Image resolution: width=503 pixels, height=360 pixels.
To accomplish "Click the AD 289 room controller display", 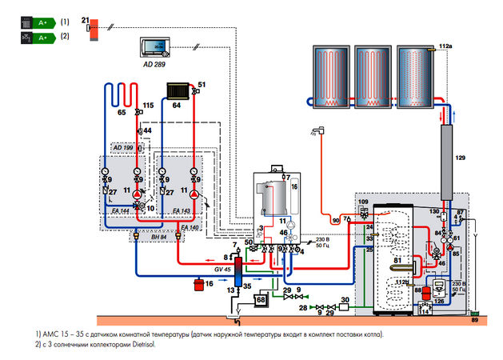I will click(153, 46).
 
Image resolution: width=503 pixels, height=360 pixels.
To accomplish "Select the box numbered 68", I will click(260, 300).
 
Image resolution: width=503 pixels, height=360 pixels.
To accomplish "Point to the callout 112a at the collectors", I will click(445, 47).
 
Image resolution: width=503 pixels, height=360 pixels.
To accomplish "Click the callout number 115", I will click(148, 106).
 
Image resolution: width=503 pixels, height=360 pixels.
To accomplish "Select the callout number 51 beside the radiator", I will click(202, 84).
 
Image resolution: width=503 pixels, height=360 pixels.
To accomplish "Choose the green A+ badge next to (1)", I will click(37, 22).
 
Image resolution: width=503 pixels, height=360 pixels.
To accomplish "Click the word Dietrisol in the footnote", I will click(138, 344).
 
